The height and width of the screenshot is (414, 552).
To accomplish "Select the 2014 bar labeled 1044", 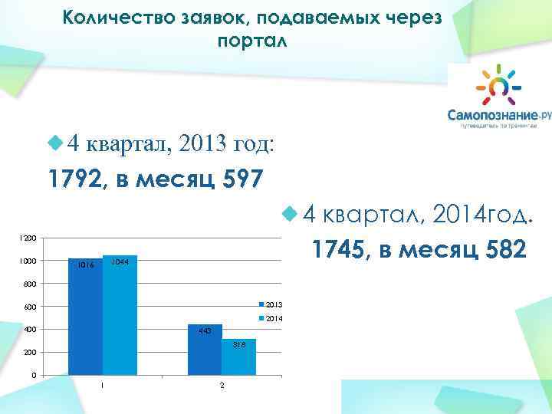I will [119, 316].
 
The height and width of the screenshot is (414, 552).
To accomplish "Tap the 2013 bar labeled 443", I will [205, 350].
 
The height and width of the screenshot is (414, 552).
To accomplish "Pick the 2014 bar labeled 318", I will [239, 357].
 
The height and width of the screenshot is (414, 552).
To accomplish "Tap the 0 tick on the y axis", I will [32, 375].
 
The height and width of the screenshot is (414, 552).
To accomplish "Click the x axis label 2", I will [222, 385].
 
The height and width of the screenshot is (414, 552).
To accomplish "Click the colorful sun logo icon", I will [495, 84].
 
